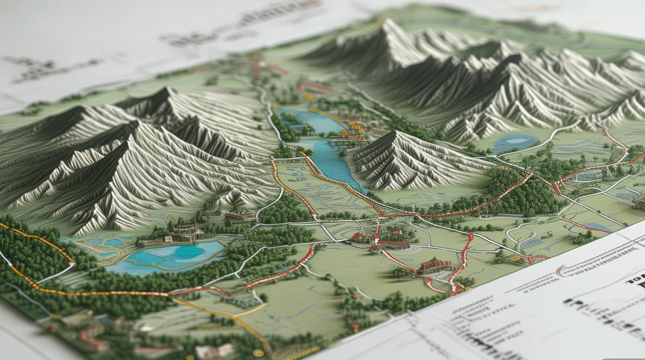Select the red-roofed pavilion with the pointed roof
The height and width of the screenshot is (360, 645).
[x=434, y=265]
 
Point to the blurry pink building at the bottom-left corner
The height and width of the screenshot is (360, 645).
[x=91, y=336]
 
